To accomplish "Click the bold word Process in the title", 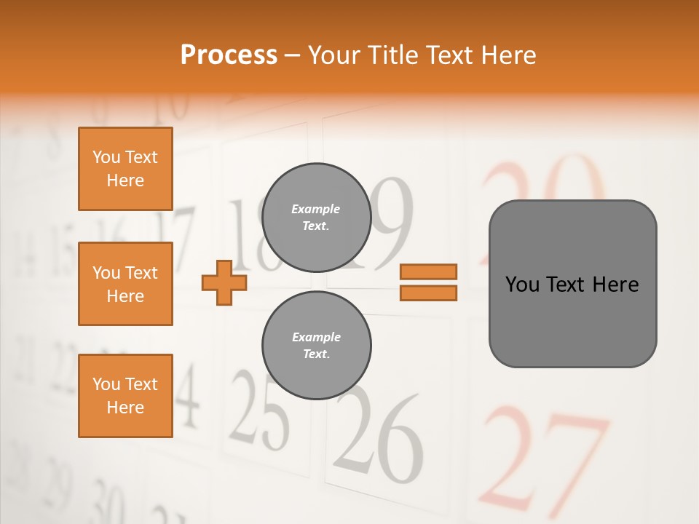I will tap(229, 55).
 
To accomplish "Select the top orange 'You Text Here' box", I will tap(125, 169).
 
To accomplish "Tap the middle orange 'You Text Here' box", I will tap(125, 284).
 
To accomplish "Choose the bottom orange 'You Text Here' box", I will tap(125, 396).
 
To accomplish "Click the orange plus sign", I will tap(224, 282).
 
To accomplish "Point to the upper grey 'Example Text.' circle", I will tap(316, 218).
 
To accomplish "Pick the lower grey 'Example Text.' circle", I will tap(316, 346).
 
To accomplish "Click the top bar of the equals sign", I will tap(428, 271).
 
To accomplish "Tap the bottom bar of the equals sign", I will tap(428, 293).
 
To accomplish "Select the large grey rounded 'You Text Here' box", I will tap(572, 284).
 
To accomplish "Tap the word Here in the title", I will tap(509, 55).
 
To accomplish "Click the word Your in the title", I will tap(333, 55).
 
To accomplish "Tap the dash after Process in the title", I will tap(293, 56).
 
